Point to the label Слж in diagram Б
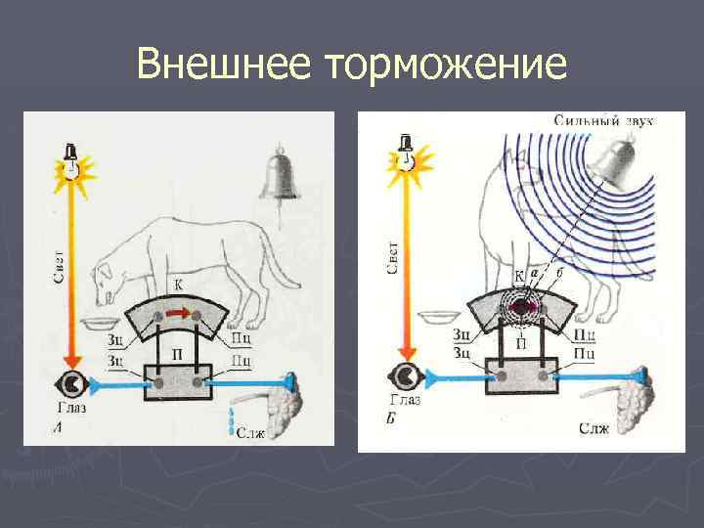[x=595, y=428]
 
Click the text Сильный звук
[x=603, y=120]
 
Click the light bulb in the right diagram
[x=403, y=157]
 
